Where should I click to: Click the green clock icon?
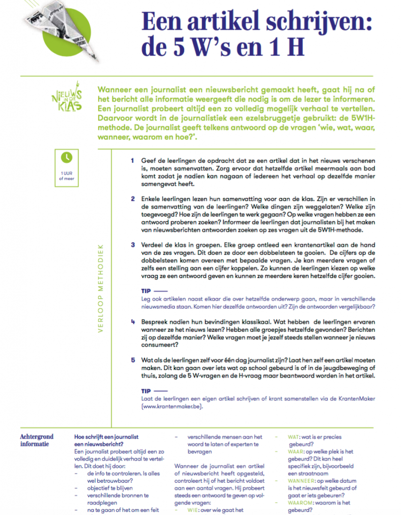[x=66, y=157]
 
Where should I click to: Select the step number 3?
[x=133, y=245]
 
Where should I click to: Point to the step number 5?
[x=133, y=361]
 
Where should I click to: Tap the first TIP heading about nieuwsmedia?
[x=146, y=291]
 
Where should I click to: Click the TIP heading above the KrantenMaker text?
[x=146, y=390]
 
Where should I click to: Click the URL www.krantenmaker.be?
[x=173, y=406]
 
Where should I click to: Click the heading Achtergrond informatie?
[x=37, y=440]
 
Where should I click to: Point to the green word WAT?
[x=293, y=438]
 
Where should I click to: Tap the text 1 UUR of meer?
[x=66, y=176]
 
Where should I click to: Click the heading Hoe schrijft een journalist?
[x=106, y=437]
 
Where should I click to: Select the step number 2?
[x=133, y=199]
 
